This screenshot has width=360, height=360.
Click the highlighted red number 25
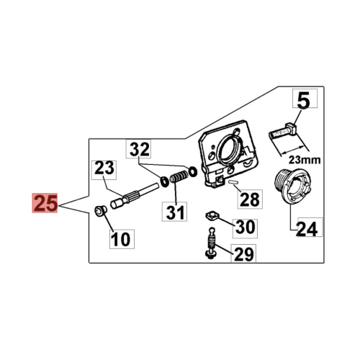(45, 203)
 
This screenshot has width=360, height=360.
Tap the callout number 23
(104, 168)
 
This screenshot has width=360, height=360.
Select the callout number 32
(139, 149)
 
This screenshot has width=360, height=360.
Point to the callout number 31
(174, 212)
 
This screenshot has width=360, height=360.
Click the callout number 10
(122, 239)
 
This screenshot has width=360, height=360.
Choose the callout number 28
(250, 199)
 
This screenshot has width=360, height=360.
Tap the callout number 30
(245, 227)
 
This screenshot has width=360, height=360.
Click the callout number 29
(243, 253)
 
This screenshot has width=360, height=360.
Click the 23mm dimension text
(305, 160)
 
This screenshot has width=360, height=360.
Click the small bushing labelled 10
(100, 211)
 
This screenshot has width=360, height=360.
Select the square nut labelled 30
(212, 215)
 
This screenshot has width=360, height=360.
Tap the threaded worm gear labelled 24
(292, 186)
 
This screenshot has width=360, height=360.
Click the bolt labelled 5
(283, 131)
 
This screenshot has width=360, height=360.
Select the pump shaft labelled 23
(135, 195)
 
